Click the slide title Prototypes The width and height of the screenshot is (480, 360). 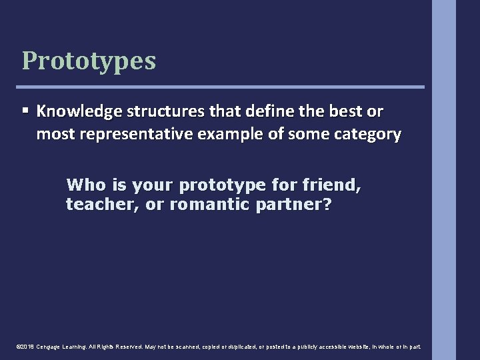[x=89, y=61]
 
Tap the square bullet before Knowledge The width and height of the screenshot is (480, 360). [x=25, y=109]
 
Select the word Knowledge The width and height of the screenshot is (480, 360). [x=74, y=111]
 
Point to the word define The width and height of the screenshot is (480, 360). [x=245, y=111]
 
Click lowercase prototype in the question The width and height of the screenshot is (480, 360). [x=224, y=185]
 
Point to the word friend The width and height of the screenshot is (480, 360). [x=332, y=185]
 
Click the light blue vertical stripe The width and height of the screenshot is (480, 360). [x=443, y=180]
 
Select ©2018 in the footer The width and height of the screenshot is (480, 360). [x=25, y=347]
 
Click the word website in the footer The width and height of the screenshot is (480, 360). [x=357, y=347]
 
